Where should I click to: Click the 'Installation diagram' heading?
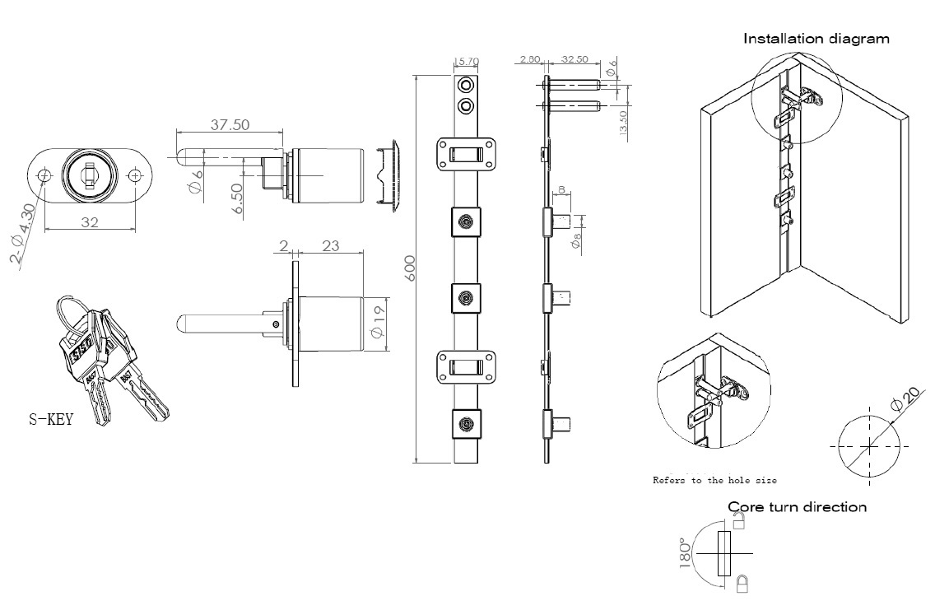coord(816,38)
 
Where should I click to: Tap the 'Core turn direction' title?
coord(797,506)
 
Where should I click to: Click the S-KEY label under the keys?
coord(50,420)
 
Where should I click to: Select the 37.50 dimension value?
coord(230,125)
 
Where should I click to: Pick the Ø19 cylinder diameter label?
coord(378,321)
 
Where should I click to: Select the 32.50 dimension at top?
coord(574,59)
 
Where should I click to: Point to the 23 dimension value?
coord(332,245)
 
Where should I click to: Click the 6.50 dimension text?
coord(238,199)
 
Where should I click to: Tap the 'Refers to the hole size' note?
coord(714,479)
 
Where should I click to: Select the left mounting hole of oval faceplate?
coord(45,175)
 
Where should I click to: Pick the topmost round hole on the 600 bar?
coord(466,85)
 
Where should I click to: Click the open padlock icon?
coord(738,520)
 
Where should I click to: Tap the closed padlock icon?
coord(741,585)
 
